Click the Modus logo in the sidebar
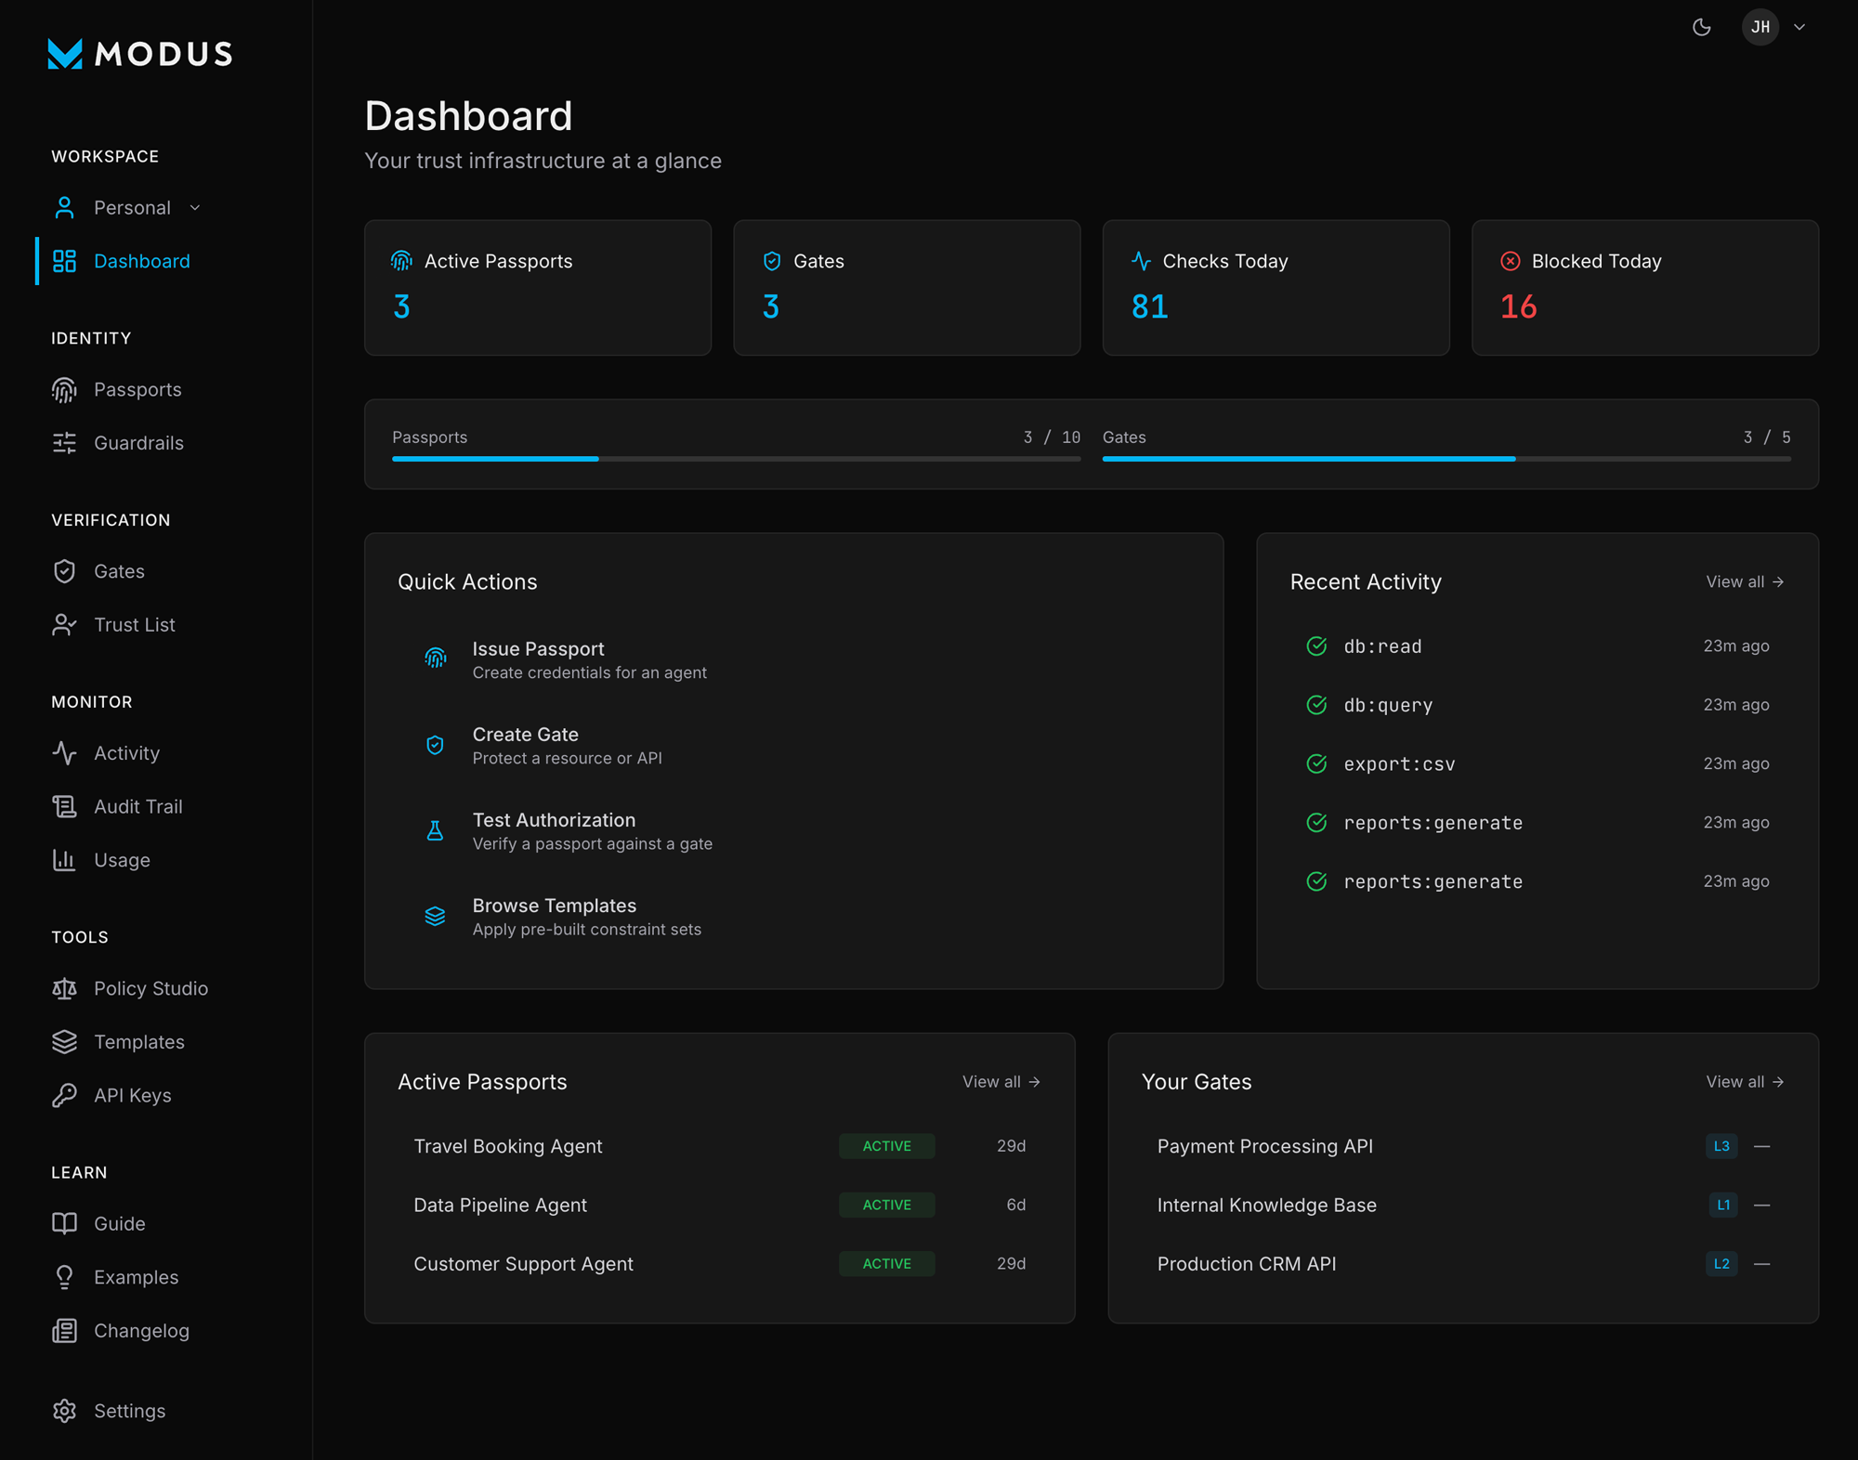139,54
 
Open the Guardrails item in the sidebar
137,443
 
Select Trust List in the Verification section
134,625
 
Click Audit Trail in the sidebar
137,807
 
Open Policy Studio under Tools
150,989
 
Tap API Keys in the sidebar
132,1096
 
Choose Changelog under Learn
141,1331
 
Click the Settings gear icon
64,1411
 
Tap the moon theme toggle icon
1702,27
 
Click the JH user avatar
1760,27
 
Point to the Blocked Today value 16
1519,306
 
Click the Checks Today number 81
1149,306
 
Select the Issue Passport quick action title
538,649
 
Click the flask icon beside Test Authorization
435,831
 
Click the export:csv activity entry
1399,764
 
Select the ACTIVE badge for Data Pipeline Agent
886,1205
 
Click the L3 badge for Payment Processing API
1721,1146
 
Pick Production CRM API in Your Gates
1246,1264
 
